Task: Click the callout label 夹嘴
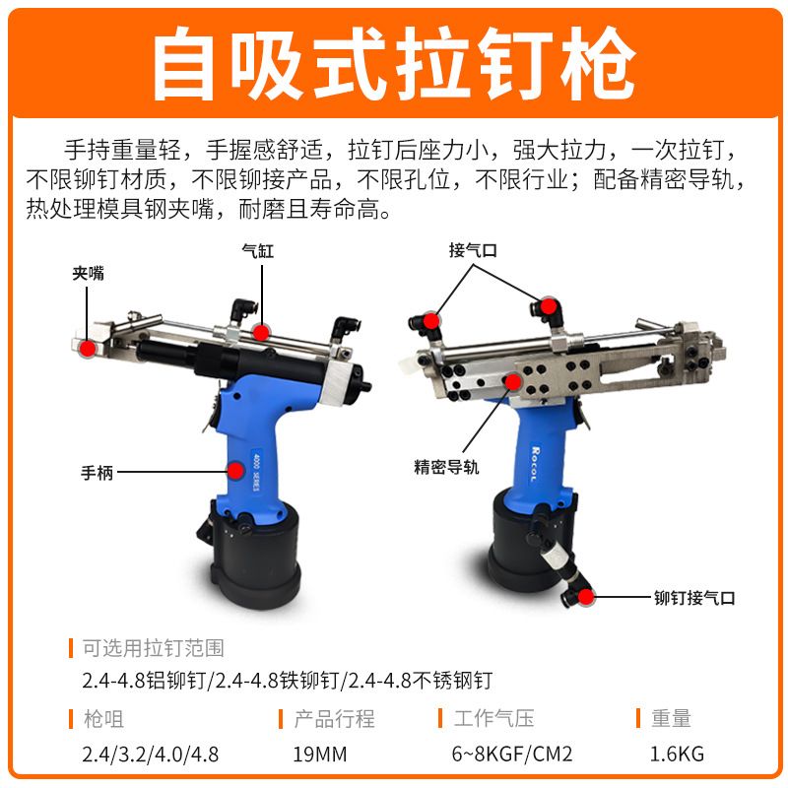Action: pyautogui.click(x=88, y=274)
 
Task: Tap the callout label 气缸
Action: pyautogui.click(x=258, y=251)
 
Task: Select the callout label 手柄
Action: pyautogui.click(x=97, y=473)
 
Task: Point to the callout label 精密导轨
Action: pyautogui.click(x=446, y=467)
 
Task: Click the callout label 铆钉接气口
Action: pyautogui.click(x=694, y=598)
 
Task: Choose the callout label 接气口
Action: pyautogui.click(x=473, y=250)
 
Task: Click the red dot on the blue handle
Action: pyautogui.click(x=235, y=471)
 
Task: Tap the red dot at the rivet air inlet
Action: pyautogui.click(x=586, y=597)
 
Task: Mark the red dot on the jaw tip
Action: pyautogui.click(x=88, y=349)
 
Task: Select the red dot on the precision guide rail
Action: pyautogui.click(x=512, y=382)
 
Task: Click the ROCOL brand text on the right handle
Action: pyautogui.click(x=535, y=463)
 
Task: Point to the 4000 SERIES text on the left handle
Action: pyautogui.click(x=256, y=470)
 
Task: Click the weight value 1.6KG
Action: pyautogui.click(x=677, y=754)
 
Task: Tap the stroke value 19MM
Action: pyautogui.click(x=320, y=754)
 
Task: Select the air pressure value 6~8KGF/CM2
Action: pyautogui.click(x=512, y=754)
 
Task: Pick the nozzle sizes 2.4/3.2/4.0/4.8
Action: pyautogui.click(x=151, y=755)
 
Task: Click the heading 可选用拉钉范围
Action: pyautogui.click(x=154, y=648)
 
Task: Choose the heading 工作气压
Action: pyautogui.click(x=493, y=718)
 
